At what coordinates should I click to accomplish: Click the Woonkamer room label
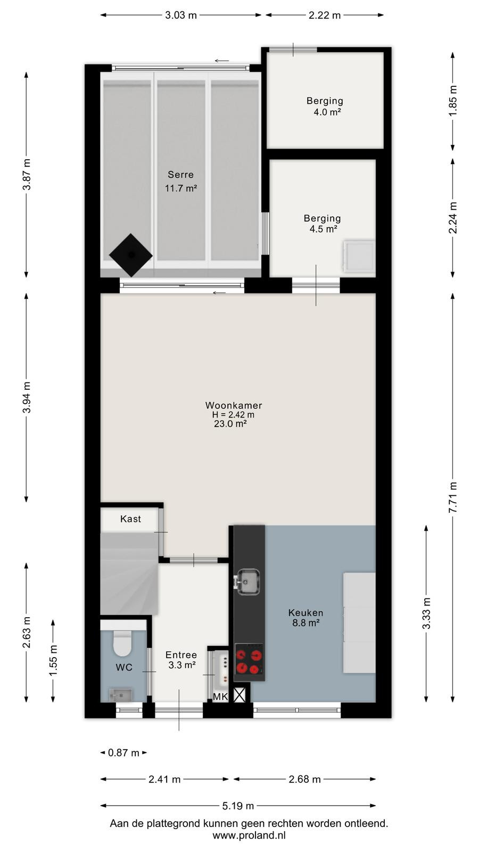pos(234,405)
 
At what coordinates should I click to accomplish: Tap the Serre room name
pos(180,175)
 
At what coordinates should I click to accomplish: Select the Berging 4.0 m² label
pos(325,106)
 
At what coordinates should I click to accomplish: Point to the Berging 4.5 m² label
pos(323,223)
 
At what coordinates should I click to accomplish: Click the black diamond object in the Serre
pos(131,255)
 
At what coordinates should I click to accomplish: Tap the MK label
pos(220,697)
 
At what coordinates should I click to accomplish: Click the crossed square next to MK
pos(240,695)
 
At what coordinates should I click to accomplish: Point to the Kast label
pos(130,519)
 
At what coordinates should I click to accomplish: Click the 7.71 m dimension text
pos(453,497)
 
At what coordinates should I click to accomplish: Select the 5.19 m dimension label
pos(238,806)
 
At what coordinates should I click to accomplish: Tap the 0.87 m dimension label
pos(123,753)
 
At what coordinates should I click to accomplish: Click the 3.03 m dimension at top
pos(181,15)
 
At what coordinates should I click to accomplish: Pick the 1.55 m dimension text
pos(53,661)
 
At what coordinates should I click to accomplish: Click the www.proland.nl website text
pos(249,835)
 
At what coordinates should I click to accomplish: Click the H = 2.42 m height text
pos(233,415)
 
